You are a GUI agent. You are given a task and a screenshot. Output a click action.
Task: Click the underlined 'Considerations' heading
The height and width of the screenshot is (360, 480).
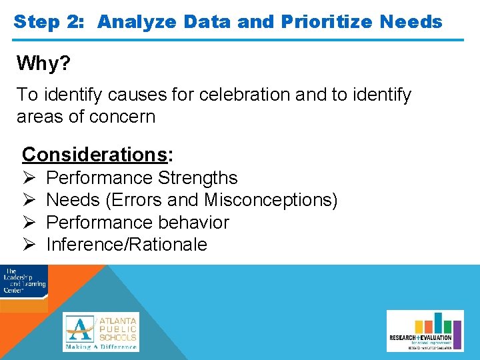tap(95, 154)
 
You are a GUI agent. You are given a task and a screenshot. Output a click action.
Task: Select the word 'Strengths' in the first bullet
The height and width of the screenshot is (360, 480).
tap(198, 178)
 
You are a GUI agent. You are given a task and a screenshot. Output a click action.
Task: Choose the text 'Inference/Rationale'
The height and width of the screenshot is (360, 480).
tap(127, 245)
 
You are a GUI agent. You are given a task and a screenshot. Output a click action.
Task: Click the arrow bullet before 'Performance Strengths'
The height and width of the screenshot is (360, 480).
tap(29, 178)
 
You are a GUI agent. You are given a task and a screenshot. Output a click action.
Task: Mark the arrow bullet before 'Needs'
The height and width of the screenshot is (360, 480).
tap(29, 200)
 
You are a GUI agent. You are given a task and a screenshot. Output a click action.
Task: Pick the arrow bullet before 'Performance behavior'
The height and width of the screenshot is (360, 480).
tap(29, 222)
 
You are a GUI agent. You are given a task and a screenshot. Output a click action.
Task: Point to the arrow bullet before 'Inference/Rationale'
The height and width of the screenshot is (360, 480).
tap(29, 245)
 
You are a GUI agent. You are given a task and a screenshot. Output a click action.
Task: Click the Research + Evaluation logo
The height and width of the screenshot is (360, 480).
tap(425, 331)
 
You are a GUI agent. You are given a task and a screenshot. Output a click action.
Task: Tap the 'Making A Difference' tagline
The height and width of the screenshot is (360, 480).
tap(101, 347)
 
